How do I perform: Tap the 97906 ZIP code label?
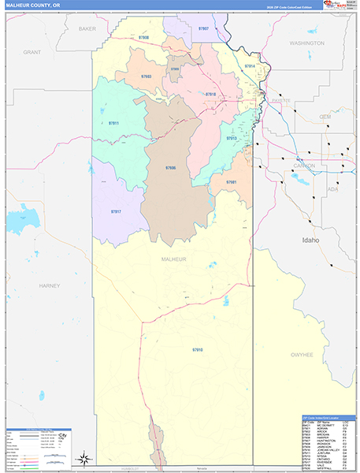pos(171,168)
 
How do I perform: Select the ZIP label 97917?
pos(116,212)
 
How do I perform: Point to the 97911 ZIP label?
pos(113,123)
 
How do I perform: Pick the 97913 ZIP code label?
pos(232,138)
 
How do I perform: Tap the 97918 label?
pos(210,95)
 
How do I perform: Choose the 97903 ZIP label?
pos(147,76)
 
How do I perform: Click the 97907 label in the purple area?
pos(203,28)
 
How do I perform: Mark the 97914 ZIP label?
pos(250,65)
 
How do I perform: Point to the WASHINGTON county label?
pos(306,43)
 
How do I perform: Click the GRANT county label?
pos(32,52)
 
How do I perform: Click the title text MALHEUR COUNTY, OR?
pos(30,5)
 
